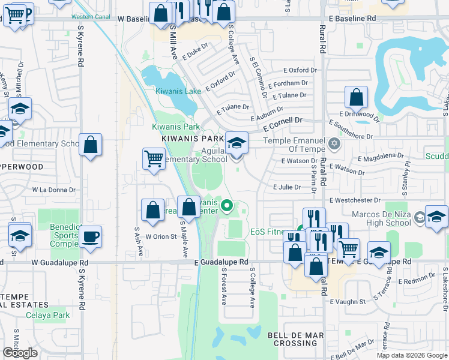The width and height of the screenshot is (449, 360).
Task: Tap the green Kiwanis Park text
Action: tap(175, 127)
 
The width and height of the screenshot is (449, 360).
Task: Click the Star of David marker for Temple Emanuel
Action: tap(335, 145)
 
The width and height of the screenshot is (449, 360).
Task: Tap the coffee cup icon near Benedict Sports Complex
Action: tap(90, 236)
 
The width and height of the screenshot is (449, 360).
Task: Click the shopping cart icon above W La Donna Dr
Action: tap(154, 159)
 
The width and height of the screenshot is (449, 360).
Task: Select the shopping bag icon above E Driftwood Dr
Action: tap(357, 97)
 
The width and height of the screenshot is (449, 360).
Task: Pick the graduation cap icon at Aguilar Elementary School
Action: tap(237, 143)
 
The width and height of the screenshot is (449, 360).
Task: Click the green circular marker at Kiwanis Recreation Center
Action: tap(226, 208)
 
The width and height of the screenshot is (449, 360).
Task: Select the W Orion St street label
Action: tap(161, 236)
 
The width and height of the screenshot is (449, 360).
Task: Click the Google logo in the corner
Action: tap(20, 353)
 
